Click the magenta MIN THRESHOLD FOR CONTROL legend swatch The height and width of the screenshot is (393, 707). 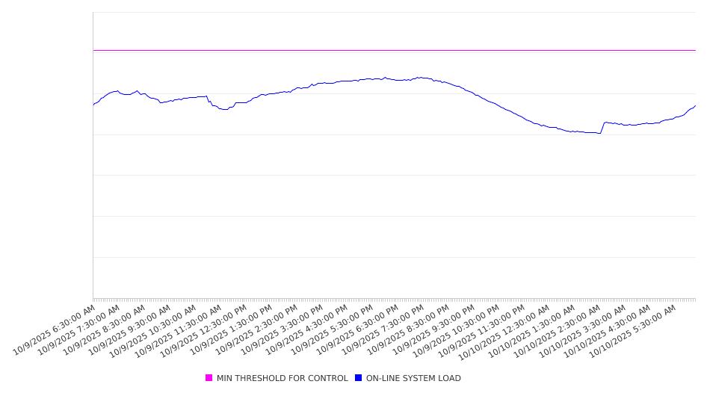(x=209, y=378)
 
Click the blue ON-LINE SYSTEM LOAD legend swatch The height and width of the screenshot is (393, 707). (x=358, y=378)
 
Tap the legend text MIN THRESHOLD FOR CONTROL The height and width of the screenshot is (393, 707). (x=282, y=378)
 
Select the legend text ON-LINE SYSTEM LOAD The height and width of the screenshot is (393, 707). (x=413, y=378)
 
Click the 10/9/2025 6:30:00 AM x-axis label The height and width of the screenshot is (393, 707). (x=54, y=329)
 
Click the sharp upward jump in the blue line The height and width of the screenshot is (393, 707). (x=602, y=128)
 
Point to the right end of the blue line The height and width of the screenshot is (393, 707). (x=695, y=105)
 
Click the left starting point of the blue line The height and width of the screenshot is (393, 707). (x=93, y=105)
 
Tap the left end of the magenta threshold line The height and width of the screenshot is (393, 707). (x=93, y=50)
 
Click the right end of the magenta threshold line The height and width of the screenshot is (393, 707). (x=695, y=50)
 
